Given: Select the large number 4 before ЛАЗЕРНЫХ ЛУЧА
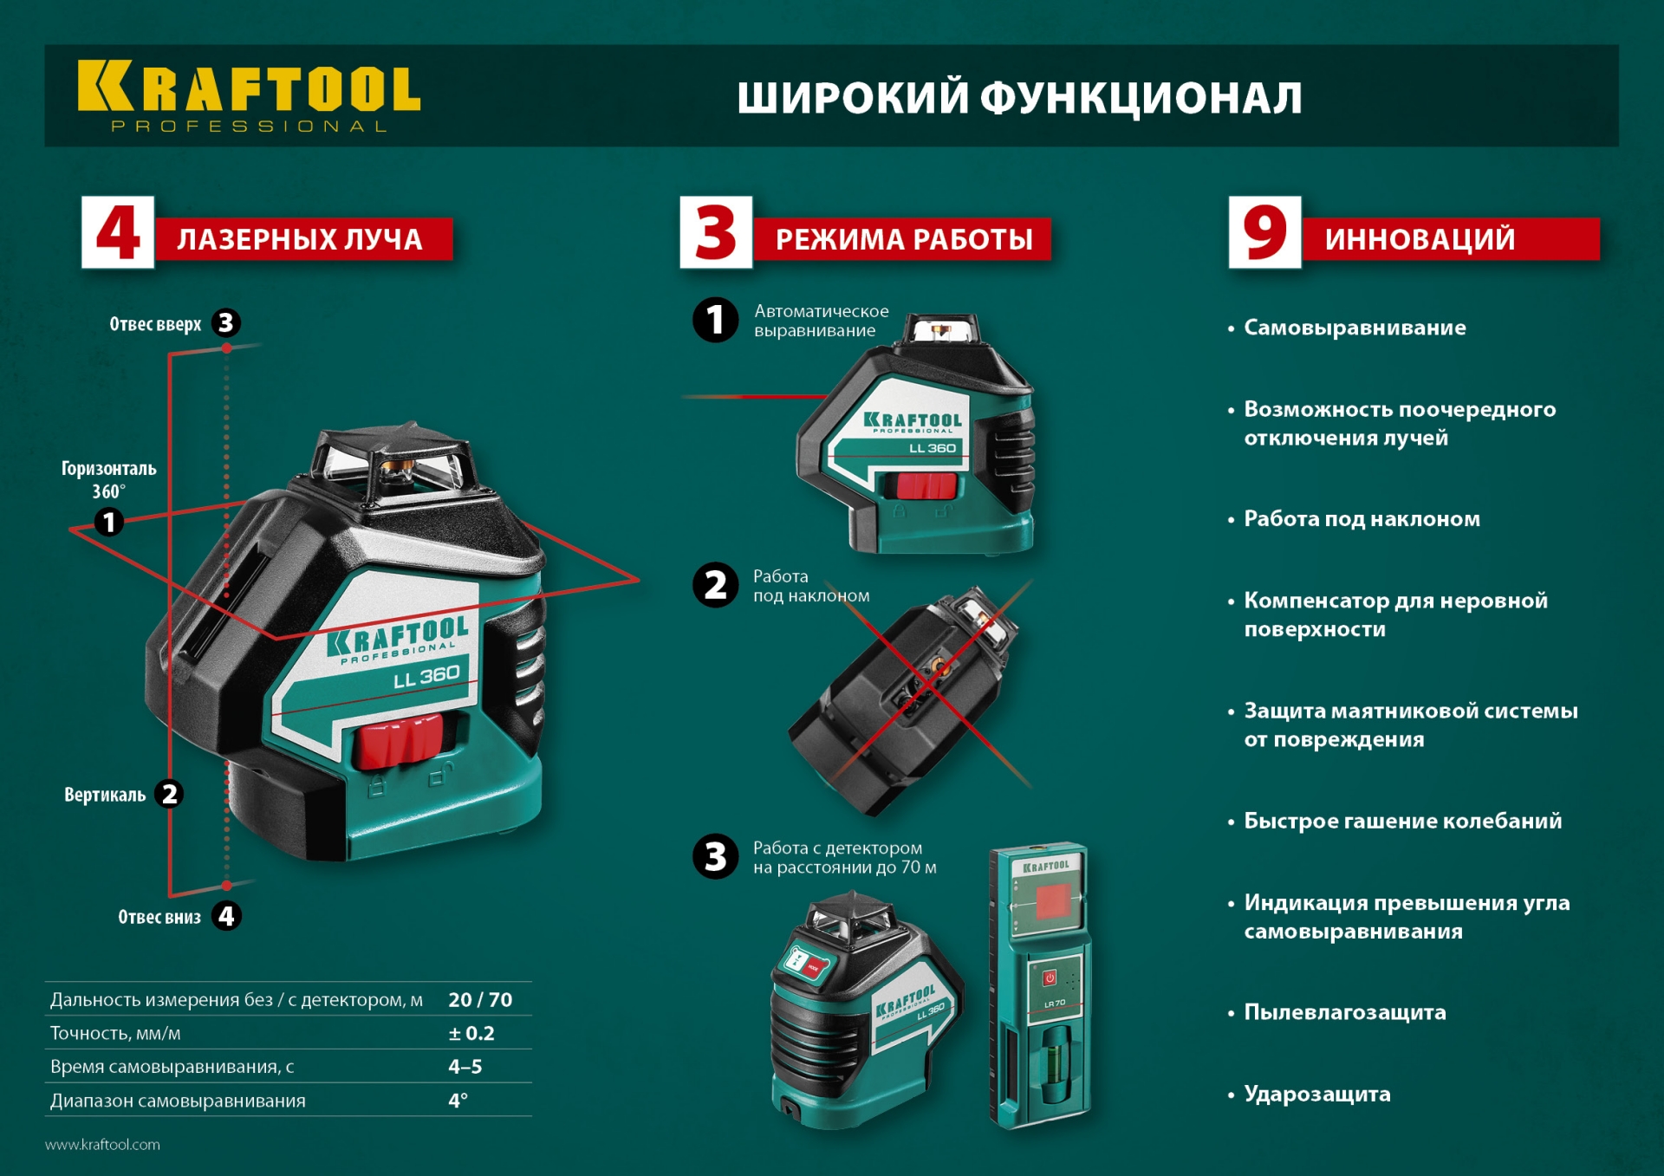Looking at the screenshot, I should pyautogui.click(x=118, y=232).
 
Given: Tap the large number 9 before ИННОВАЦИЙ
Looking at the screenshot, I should pyautogui.click(x=1264, y=232).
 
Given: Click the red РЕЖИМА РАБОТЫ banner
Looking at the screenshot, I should pyautogui.click(x=903, y=239).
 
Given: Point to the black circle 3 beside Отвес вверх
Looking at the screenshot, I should pyautogui.click(x=226, y=323).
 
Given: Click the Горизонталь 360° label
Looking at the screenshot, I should pyautogui.click(x=109, y=479).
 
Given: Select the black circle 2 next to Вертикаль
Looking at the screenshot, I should pyautogui.click(x=170, y=794).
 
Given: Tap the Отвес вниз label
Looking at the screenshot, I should pyautogui.click(x=159, y=917).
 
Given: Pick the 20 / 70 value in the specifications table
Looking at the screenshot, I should pyautogui.click(x=480, y=1000).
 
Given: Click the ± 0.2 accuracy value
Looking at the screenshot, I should pyautogui.click(x=471, y=1033).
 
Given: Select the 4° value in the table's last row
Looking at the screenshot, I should pyautogui.click(x=458, y=1101).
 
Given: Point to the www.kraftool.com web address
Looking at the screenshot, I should pyautogui.click(x=102, y=1145).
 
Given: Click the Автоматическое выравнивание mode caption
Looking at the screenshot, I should pyautogui.click(x=821, y=321).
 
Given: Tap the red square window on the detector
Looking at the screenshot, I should pyautogui.click(x=1052, y=901).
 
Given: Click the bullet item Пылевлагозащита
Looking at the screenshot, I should pyautogui.click(x=1344, y=1012).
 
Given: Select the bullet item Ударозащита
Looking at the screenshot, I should pyautogui.click(x=1316, y=1094).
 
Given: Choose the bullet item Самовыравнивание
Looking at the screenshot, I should pyautogui.click(x=1355, y=328).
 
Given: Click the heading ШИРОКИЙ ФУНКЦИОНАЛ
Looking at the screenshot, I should pyautogui.click(x=1019, y=97).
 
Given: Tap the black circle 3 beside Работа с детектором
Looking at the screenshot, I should pyautogui.click(x=716, y=857).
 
